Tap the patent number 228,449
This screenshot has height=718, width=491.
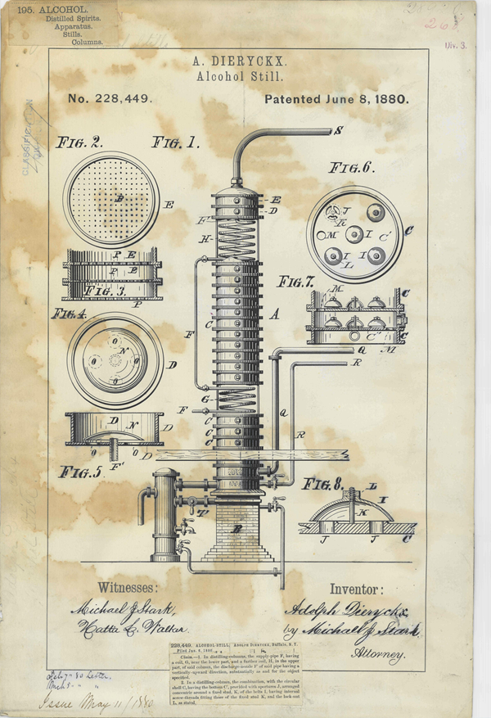pos(110,99)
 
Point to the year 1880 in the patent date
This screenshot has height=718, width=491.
pos(390,99)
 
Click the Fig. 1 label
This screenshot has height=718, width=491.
pos(175,142)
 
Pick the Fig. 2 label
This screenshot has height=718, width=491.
pos(79,142)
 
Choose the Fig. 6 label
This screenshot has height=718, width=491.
pos(351,168)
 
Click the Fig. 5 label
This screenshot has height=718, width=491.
pos(79,472)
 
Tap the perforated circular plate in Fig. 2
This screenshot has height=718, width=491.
pos(110,199)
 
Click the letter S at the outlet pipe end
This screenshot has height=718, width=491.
pos(338,131)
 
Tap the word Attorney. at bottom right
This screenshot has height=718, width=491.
pos(380,655)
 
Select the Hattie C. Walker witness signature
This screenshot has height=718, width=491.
pos(131,628)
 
